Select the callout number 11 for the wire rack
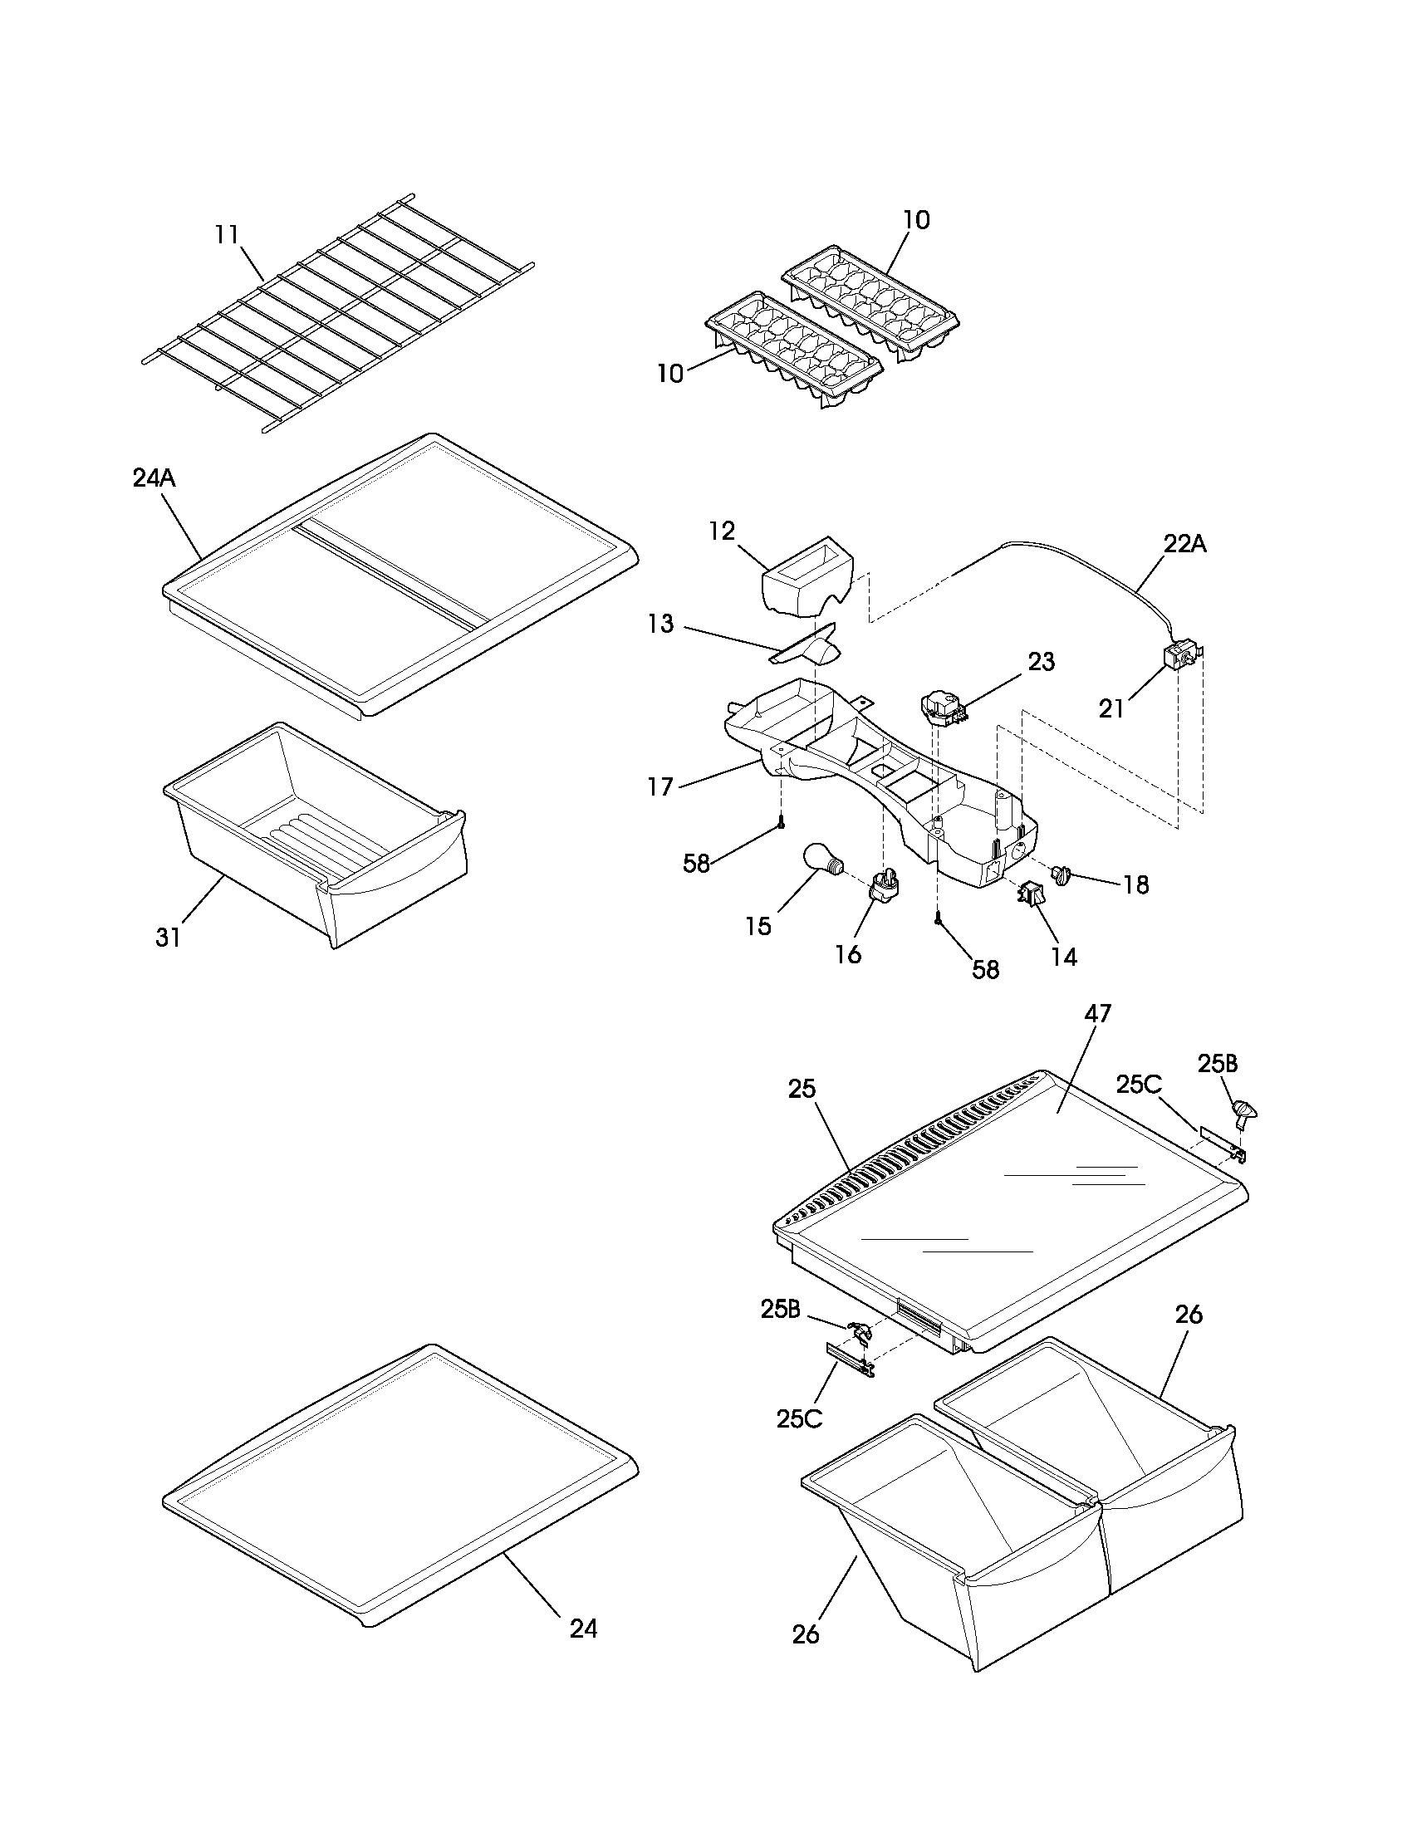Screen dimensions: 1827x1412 pos(227,235)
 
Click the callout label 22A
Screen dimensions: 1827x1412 pos(1184,544)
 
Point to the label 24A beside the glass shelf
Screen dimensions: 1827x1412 pos(154,478)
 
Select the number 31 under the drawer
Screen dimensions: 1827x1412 pos(168,938)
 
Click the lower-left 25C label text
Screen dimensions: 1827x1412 pos(800,1418)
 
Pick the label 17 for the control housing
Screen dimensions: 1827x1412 pos(660,787)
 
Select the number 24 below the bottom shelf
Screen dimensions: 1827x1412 pos(583,1628)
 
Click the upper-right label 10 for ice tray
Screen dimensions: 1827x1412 pos(916,220)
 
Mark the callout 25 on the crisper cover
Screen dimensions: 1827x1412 pos(802,1090)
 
